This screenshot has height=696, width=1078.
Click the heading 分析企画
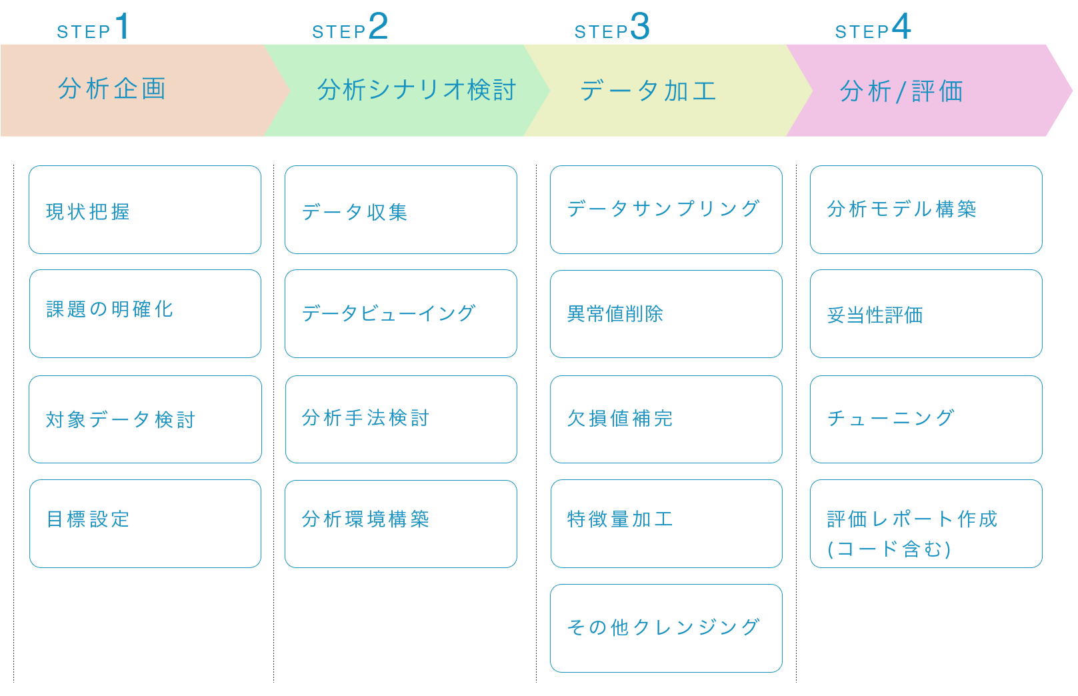pos(112,89)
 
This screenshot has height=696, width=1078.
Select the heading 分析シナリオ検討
pos(417,90)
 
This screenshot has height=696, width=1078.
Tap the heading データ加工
pos(648,91)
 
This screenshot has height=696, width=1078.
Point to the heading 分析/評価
pos(901,91)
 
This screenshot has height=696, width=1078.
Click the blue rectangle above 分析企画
pos(91,25)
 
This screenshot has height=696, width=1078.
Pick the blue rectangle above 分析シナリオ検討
pos(349,25)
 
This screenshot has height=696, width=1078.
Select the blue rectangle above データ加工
pos(611,25)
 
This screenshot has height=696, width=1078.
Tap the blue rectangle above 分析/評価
pos(873,25)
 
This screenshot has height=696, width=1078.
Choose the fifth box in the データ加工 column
pos(666,628)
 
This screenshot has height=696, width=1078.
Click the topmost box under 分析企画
pos(145,210)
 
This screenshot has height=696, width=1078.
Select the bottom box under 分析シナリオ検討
pos(401,524)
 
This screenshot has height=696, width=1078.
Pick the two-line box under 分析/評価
pos(926,524)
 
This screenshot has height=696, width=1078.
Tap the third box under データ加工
pos(666,419)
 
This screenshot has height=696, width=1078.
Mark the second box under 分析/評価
pos(926,314)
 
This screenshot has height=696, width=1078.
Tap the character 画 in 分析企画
pos(154,89)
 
